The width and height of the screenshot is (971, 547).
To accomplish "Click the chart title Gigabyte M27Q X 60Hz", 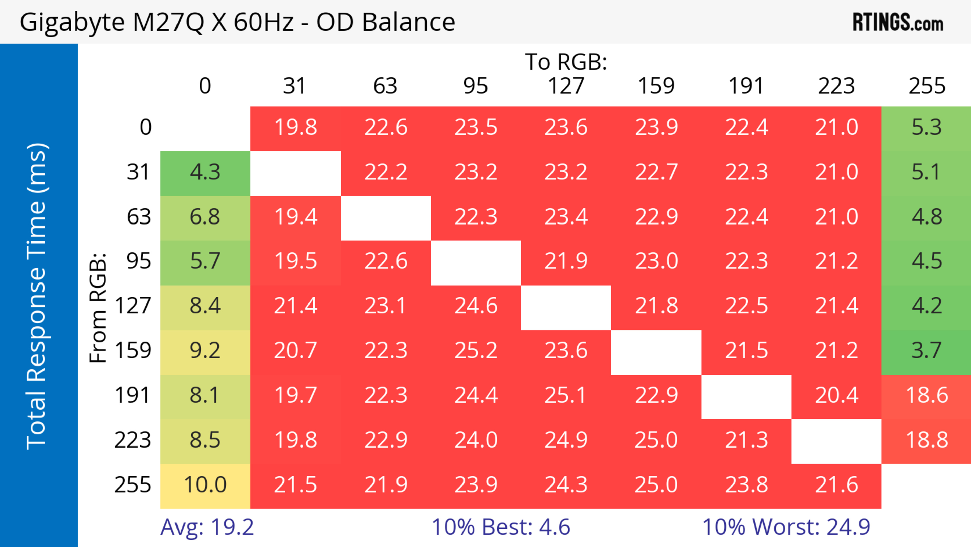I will pos(237,22).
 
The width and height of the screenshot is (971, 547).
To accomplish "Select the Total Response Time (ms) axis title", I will pos(37,296).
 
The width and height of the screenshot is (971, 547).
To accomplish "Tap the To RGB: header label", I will pos(566,62).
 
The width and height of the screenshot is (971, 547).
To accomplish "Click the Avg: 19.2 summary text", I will pos(207,527).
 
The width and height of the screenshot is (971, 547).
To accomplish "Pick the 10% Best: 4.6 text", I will pos(501,527).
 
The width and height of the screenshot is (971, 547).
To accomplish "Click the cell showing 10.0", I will pos(205,485).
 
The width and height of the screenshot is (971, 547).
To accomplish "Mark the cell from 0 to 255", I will pos(926,127).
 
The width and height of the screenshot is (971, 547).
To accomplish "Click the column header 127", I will pos(566,86).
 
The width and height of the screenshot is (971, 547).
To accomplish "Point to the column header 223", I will pos(836,86).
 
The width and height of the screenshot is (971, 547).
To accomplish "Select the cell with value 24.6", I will pos(476,306).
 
